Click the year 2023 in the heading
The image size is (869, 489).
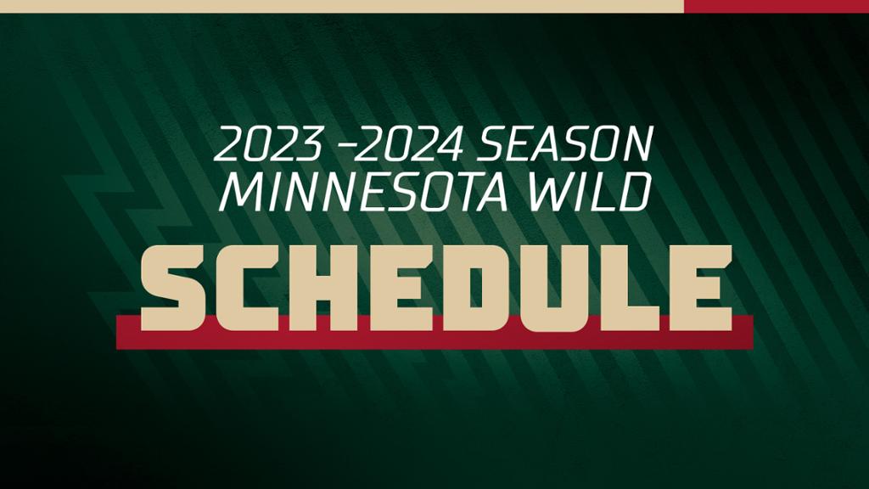[x=267, y=144]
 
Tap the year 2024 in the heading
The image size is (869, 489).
[x=409, y=144]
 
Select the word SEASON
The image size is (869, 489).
[x=564, y=144]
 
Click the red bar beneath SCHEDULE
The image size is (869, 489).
[x=435, y=340]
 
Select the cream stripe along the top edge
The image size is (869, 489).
[x=342, y=6]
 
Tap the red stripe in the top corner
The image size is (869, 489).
[x=776, y=6]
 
